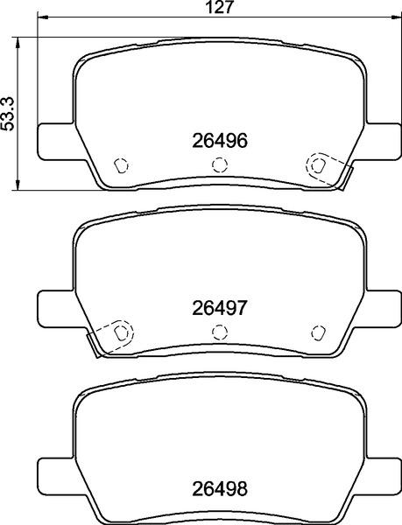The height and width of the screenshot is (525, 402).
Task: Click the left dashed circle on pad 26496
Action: click(122, 164)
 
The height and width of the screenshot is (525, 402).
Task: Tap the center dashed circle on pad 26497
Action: click(220, 332)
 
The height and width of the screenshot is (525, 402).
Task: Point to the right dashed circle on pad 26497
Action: click(317, 332)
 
